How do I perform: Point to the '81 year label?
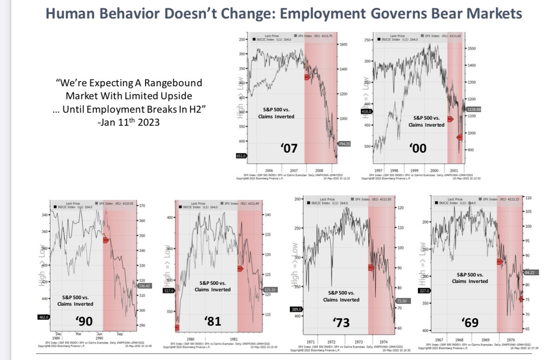tap(212, 321)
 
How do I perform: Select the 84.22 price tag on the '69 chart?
tap(529, 272)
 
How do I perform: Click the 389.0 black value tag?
tap(296, 309)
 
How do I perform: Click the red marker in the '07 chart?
tap(307, 77)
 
